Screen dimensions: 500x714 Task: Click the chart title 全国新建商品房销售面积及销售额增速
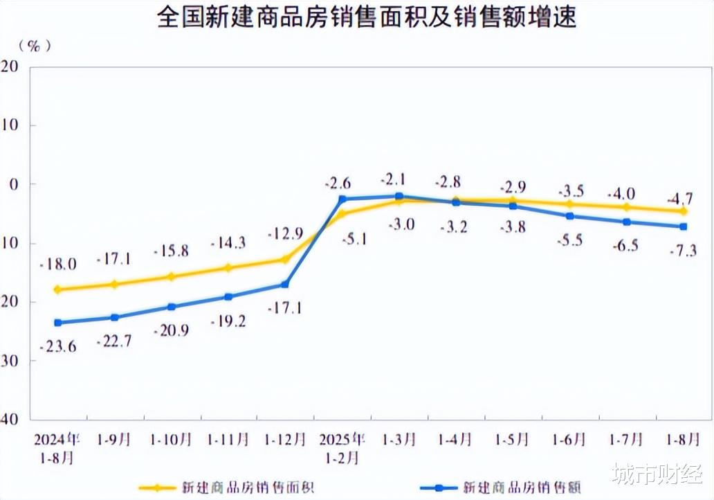point(366,17)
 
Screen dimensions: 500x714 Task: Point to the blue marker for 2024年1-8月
point(57,323)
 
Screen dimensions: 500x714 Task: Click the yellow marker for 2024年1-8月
point(57,289)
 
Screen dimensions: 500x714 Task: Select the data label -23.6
point(58,346)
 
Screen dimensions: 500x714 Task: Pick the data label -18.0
point(58,264)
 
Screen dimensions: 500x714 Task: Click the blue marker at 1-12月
point(285,285)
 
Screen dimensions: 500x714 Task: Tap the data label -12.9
point(285,233)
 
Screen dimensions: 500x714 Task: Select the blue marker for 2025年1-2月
point(342,199)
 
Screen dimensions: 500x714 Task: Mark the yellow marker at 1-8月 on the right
point(684,211)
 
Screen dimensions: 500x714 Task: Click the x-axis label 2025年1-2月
point(342,448)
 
